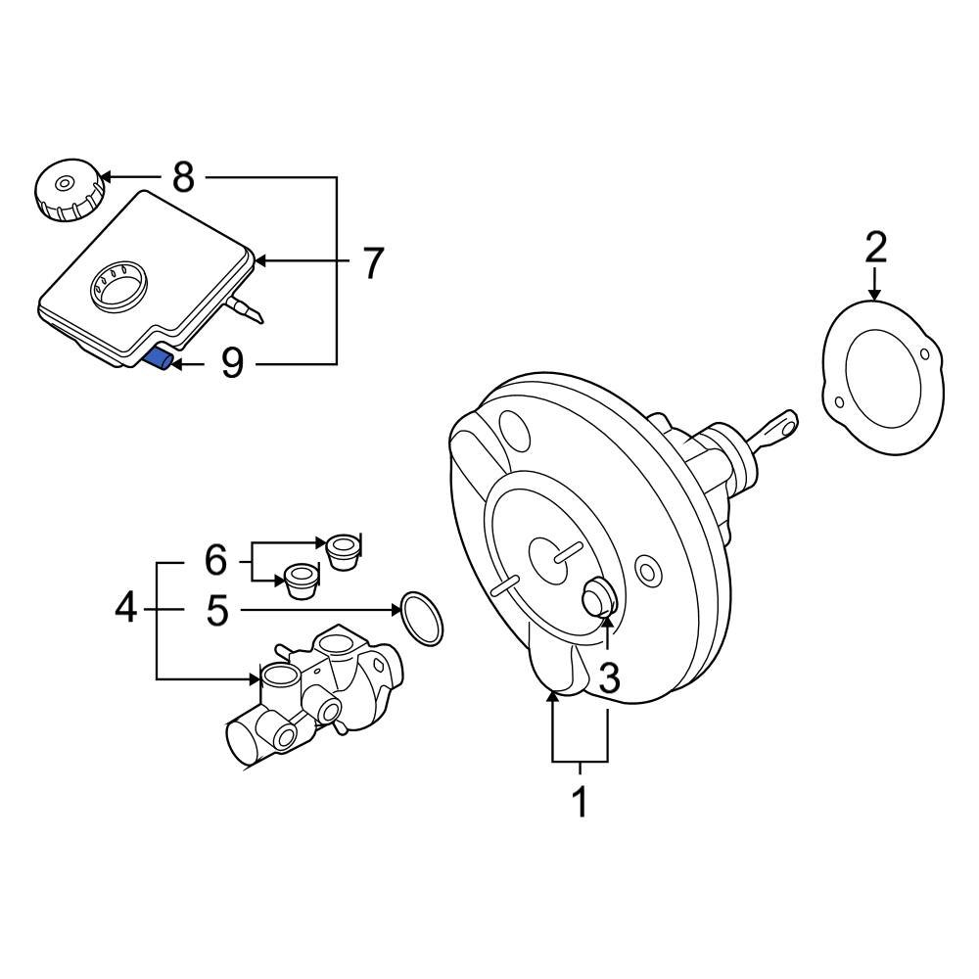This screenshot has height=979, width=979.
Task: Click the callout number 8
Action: (183, 178)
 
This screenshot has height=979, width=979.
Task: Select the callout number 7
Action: (372, 262)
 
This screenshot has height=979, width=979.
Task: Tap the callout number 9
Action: (231, 364)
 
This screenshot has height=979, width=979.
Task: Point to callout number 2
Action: (875, 248)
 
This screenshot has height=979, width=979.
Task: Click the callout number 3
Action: (609, 677)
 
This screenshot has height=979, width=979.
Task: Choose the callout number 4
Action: (125, 609)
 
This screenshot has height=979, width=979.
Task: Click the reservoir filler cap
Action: (68, 192)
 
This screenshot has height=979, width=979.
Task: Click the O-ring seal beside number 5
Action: (421, 619)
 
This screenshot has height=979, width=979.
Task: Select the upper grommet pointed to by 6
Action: (344, 550)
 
